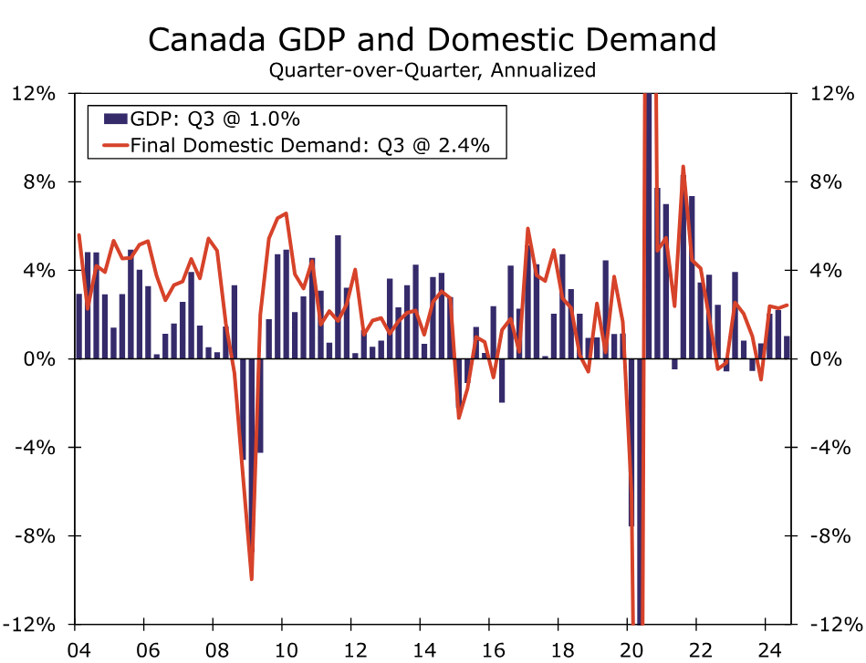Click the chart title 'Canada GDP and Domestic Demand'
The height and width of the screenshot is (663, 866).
432,40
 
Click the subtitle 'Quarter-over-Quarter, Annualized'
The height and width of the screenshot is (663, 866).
432,70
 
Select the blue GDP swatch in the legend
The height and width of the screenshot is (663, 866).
114,119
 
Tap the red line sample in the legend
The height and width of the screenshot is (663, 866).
114,144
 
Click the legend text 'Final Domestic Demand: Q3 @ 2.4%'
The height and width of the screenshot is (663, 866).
318,144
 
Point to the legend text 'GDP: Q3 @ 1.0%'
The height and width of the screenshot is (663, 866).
215,119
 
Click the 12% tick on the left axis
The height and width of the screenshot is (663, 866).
35,93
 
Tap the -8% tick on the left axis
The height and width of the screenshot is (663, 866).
35,536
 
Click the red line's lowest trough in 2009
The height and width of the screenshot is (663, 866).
251,578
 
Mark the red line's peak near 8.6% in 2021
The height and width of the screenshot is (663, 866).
683,168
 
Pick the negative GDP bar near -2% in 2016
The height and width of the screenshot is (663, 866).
502,380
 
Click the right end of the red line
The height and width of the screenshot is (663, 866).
788,306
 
